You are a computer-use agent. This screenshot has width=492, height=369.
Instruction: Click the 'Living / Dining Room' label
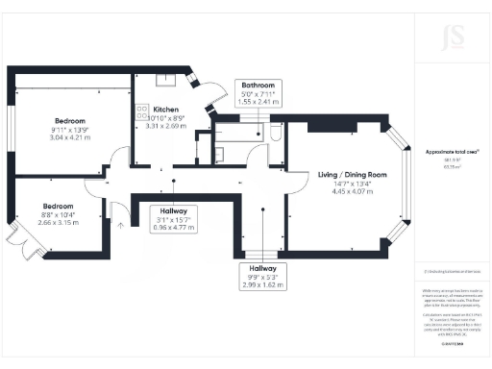pyautogui.click(x=352, y=175)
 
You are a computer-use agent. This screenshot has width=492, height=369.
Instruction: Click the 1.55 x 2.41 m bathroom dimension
pyautogui.click(x=258, y=101)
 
